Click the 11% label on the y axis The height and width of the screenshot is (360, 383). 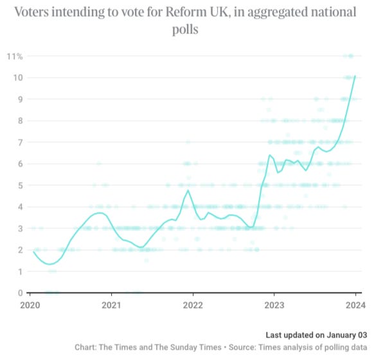point(15,57)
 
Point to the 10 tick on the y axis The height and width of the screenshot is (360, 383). point(18,78)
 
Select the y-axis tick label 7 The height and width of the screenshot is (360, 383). point(20,142)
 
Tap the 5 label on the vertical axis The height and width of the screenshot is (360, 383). point(20,185)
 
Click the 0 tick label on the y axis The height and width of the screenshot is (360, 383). point(20,292)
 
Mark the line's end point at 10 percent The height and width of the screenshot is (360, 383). point(355,77)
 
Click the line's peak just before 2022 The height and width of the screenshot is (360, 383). point(188,190)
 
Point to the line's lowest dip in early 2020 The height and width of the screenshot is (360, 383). point(49,264)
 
